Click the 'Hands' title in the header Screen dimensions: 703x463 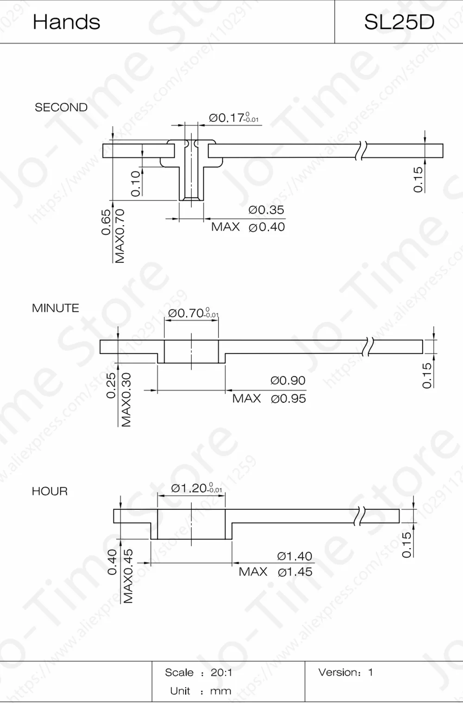(x=66, y=22)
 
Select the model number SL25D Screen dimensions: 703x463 (x=399, y=22)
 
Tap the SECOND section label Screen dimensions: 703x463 (x=61, y=108)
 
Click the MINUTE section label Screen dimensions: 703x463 (x=56, y=308)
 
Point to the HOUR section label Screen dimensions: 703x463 (x=50, y=491)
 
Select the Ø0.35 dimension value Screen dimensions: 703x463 (x=266, y=210)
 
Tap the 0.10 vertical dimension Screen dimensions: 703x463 (x=135, y=184)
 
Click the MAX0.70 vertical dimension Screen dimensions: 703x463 (x=120, y=236)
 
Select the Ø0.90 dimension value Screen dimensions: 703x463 (x=288, y=380)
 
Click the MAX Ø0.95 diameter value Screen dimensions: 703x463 (x=288, y=399)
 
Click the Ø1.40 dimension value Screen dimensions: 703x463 (x=294, y=556)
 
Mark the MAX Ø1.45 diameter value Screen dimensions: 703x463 (x=295, y=572)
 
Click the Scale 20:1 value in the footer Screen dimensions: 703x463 (x=221, y=672)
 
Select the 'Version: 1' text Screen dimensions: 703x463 (x=345, y=672)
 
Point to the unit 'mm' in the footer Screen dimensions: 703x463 (x=220, y=691)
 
